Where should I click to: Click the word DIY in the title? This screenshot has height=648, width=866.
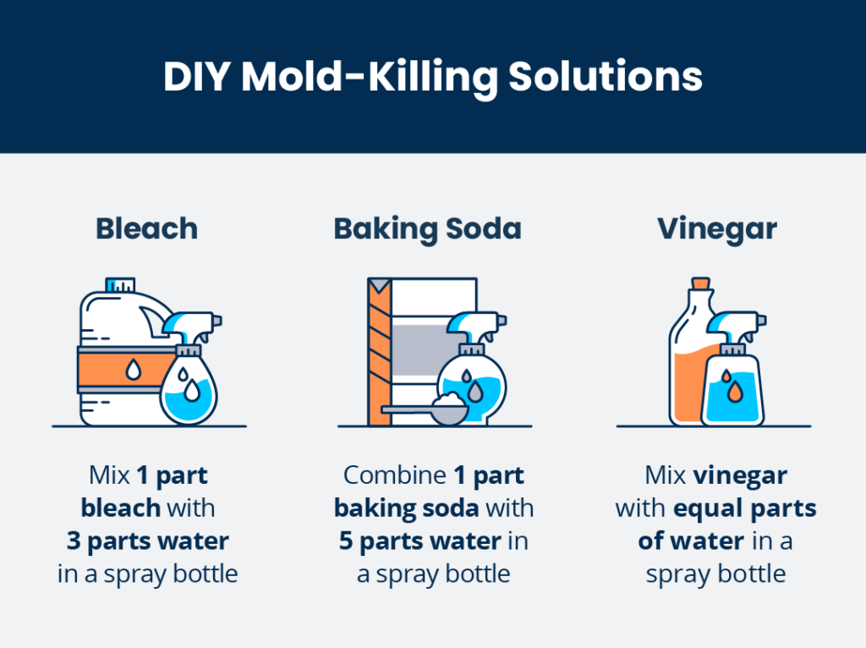coord(196,76)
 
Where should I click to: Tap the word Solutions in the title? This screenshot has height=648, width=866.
coord(606,76)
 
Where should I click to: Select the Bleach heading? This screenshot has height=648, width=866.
coord(147,228)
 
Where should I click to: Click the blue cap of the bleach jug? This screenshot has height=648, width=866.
coord(120,285)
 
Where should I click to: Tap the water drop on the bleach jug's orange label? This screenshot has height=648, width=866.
coord(133,369)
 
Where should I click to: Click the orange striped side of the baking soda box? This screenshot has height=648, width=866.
coord(380,352)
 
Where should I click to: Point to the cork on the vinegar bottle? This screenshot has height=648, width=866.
coord(701,283)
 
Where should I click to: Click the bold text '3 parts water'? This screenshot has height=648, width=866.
coord(147,541)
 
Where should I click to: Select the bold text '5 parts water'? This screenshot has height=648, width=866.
coord(420,541)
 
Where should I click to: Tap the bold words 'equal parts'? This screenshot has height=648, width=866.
coord(745,508)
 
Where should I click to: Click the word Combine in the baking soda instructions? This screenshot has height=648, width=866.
coord(395,475)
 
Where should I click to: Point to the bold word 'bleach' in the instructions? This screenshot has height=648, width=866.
coord(121,508)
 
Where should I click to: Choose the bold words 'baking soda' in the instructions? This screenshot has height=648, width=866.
coord(407,508)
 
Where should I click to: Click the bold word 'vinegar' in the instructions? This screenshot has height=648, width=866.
coord(740,475)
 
